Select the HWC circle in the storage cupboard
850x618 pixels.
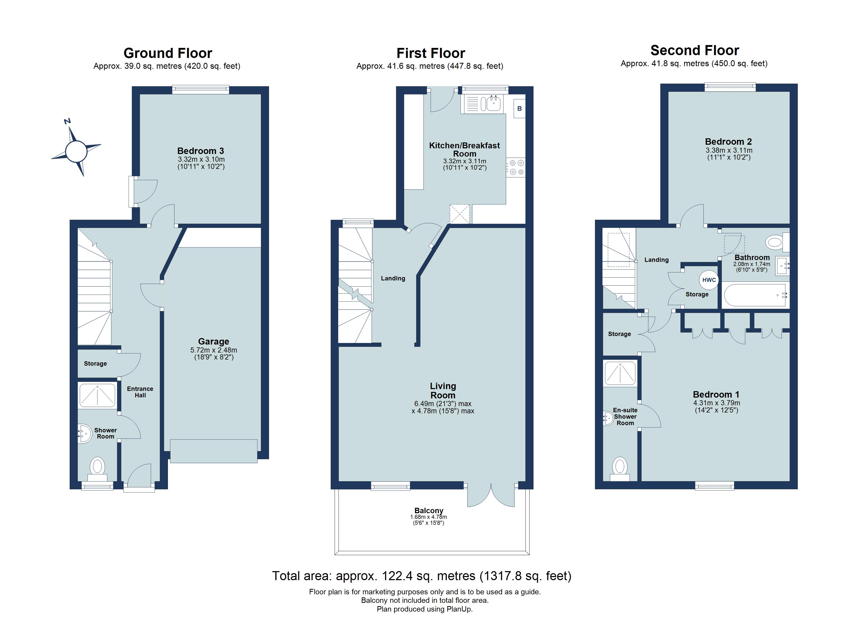[x=708, y=280]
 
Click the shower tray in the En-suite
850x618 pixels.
[x=620, y=374]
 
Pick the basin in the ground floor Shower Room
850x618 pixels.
[x=85, y=434]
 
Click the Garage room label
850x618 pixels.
[x=213, y=341]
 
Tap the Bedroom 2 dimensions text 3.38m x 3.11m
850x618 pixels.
[x=729, y=150]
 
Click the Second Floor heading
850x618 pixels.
[x=694, y=50]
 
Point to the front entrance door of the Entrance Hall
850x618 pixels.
[x=139, y=478]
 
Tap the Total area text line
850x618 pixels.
[x=422, y=576]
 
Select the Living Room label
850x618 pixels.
[x=443, y=391]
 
